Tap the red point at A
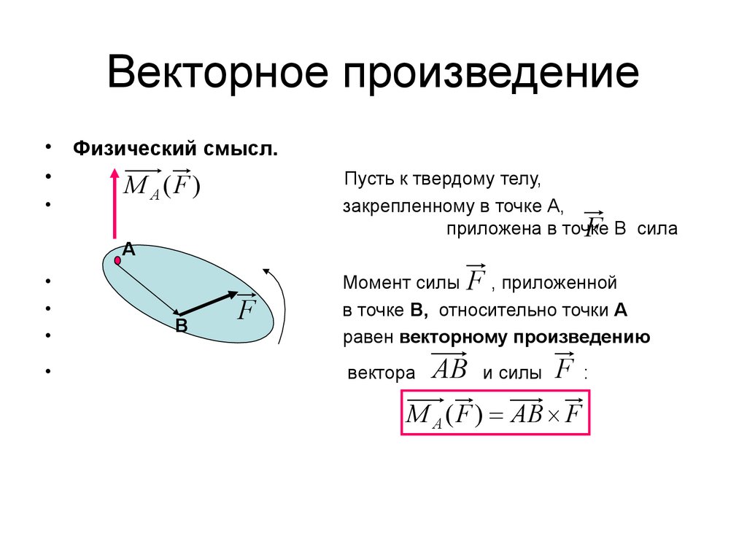117,260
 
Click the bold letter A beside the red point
128,249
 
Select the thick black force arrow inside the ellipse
208,303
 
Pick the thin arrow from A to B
149,287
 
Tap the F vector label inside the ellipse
245,310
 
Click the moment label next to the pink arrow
162,186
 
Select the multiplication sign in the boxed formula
552,416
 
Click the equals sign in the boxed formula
496,416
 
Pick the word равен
368,338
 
